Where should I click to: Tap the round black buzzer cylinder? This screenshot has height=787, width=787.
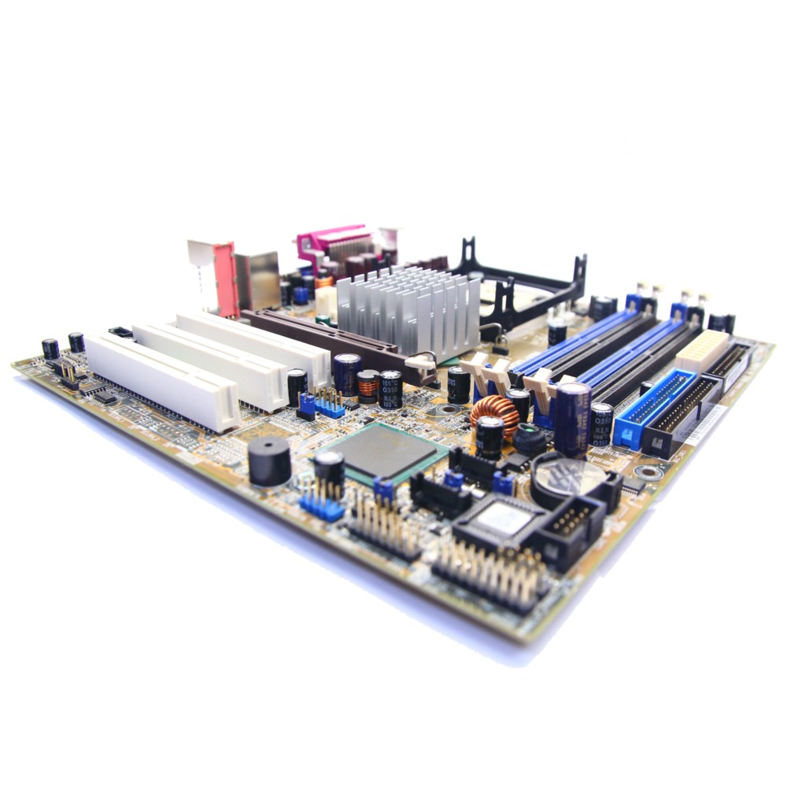[269, 461]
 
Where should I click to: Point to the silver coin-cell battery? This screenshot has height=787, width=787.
[568, 476]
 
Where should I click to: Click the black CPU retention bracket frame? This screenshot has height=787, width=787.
[527, 283]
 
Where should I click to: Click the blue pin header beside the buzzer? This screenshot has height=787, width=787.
[321, 504]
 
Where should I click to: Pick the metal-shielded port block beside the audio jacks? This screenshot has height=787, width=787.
[257, 280]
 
